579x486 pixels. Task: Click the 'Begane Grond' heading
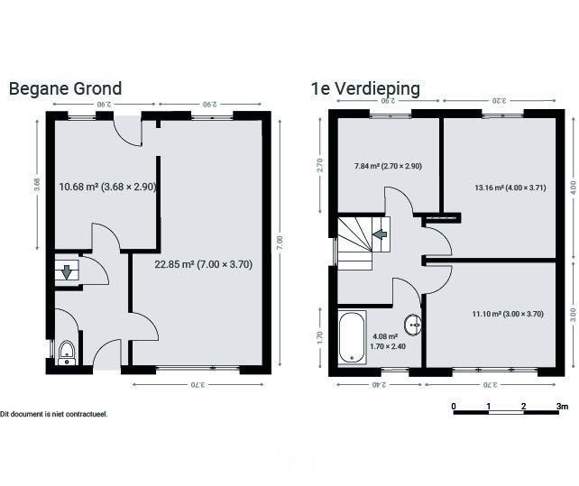click(x=65, y=89)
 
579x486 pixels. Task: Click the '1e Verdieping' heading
click(x=365, y=89)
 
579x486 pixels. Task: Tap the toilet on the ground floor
click(x=67, y=353)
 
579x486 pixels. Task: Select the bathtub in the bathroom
click(x=353, y=337)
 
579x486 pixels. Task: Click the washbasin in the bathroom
click(x=413, y=325)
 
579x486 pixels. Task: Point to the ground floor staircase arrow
click(x=67, y=271)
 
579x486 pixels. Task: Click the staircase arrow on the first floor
click(x=380, y=234)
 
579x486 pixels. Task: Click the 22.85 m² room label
click(x=204, y=264)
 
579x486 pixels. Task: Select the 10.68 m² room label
click(x=108, y=187)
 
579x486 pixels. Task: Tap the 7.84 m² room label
click(x=388, y=166)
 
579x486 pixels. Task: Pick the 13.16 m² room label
click(x=510, y=188)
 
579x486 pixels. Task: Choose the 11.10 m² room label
click(x=508, y=314)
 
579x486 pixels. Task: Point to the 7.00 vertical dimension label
click(x=280, y=243)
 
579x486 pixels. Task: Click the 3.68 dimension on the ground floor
click(x=37, y=185)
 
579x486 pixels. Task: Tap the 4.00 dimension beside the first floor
click(x=573, y=188)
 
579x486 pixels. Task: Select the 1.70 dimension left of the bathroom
click(x=320, y=336)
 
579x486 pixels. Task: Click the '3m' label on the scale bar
click(x=563, y=407)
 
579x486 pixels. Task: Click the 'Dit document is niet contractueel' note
click(x=54, y=414)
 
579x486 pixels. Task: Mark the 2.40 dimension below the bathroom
click(x=379, y=385)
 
